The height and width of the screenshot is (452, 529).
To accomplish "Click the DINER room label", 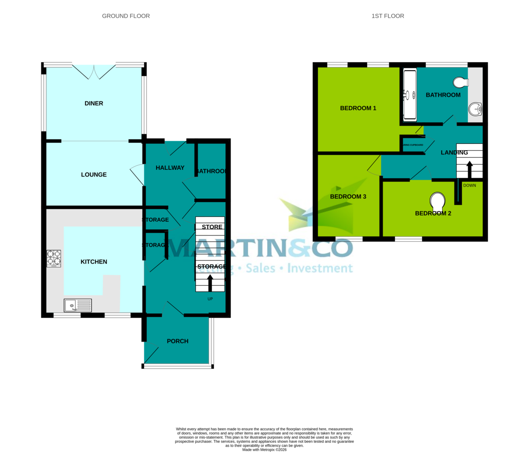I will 94,104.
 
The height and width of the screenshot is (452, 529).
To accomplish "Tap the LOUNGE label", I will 94,175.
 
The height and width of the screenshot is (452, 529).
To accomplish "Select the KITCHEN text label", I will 94,262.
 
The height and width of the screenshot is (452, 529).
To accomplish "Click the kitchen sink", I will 78,305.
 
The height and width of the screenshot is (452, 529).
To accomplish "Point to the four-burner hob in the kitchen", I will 54,259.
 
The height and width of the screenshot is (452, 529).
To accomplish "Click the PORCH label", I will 178,341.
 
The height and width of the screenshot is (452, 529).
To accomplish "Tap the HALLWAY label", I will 170,168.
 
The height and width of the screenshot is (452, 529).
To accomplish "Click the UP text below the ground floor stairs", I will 210,299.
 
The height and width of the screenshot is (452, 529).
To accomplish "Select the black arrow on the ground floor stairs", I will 210,283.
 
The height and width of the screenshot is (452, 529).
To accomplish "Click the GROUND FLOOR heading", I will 126,16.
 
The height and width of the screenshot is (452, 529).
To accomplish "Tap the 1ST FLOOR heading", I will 388,16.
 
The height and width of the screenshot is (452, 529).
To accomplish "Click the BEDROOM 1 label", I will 358,108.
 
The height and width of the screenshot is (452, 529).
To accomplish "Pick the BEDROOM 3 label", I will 348,197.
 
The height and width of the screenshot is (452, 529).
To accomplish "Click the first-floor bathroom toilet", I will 460,82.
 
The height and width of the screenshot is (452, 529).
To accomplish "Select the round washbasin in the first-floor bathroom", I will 475,108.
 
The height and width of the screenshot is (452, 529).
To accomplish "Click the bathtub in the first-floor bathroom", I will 410,95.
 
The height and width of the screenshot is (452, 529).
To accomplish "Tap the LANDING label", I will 454,153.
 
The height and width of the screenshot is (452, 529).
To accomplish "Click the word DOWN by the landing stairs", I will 469,186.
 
